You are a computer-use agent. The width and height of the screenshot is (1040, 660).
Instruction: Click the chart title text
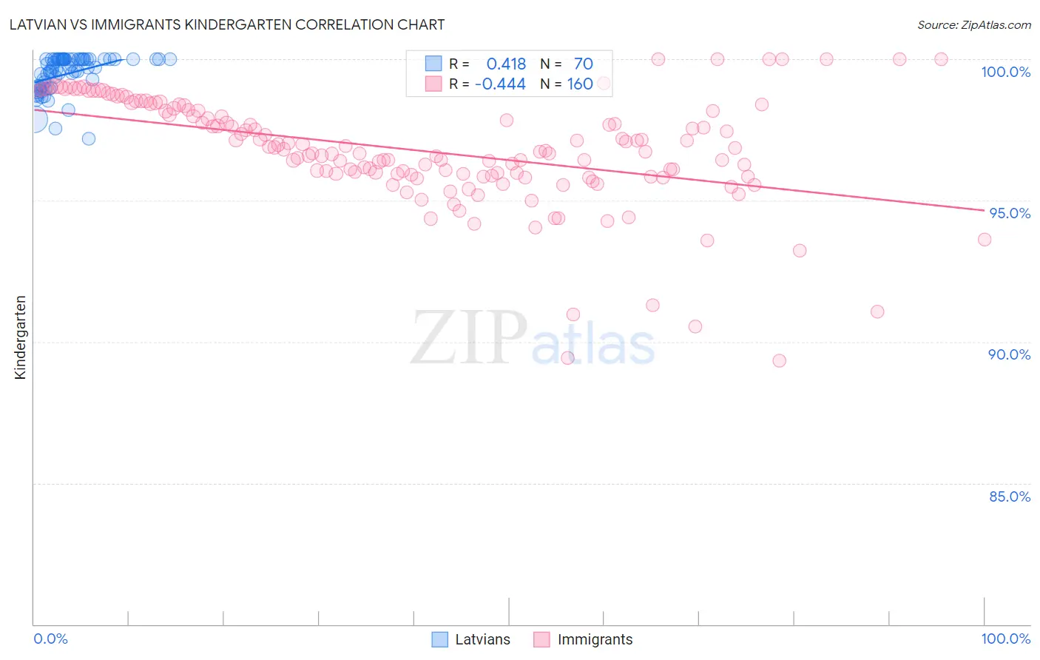(x=227, y=24)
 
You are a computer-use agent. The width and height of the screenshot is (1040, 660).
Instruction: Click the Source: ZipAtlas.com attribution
(x=973, y=24)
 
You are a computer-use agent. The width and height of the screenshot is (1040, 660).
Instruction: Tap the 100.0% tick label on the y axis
(x=1005, y=72)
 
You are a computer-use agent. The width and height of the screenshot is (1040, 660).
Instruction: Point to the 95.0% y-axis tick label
(x=1009, y=213)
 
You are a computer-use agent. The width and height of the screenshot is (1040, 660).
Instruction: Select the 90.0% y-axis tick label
(x=1009, y=354)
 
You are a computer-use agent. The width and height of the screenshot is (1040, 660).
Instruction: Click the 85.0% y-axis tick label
(x=1009, y=496)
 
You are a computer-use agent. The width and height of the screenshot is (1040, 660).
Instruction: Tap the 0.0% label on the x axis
(x=50, y=639)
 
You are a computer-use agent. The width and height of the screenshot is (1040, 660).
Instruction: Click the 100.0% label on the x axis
(x=1005, y=639)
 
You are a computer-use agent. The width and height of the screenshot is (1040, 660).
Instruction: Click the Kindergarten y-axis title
(x=20, y=337)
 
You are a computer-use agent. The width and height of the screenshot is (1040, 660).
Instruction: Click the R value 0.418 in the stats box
(x=506, y=64)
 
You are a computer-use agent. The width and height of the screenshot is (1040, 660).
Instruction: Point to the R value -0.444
(x=500, y=84)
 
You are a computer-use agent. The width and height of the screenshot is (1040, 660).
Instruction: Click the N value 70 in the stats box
(x=583, y=64)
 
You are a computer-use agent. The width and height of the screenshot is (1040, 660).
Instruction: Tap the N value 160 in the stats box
(x=580, y=84)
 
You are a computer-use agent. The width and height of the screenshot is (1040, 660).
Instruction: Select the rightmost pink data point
(x=984, y=239)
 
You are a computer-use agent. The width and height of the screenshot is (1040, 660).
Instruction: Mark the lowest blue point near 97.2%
(x=89, y=138)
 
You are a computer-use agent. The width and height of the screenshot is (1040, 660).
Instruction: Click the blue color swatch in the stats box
(x=433, y=64)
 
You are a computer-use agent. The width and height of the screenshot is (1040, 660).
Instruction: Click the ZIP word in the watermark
(x=468, y=338)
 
